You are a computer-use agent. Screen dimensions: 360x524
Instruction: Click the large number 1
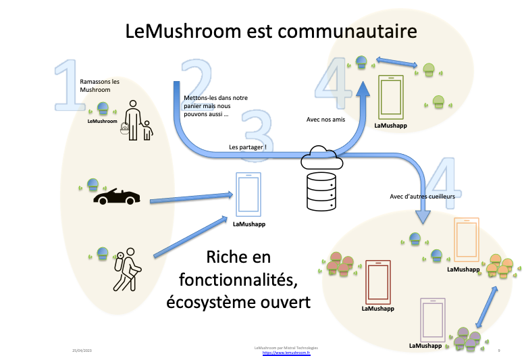(70, 86)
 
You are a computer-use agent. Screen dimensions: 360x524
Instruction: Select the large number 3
(257, 135)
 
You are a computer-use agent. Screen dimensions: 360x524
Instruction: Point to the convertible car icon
(116, 197)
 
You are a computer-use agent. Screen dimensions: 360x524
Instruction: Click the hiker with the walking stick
(127, 269)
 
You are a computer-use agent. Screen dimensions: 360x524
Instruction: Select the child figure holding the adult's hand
(147, 130)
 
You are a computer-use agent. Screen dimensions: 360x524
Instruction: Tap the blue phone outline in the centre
(248, 195)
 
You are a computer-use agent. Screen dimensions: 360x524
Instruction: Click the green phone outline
(390, 97)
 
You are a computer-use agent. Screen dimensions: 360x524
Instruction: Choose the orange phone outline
(466, 239)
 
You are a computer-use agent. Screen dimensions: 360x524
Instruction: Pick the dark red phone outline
(377, 282)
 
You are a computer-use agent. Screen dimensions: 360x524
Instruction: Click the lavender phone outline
(432, 319)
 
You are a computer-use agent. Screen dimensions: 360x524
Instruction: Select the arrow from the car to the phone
(191, 198)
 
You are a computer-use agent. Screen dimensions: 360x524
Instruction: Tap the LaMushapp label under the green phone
(390, 125)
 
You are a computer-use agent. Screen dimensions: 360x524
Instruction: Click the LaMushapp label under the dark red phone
(377, 309)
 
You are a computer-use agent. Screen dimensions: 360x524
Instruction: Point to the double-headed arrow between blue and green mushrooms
(396, 63)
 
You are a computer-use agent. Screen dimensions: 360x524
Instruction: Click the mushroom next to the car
(93, 184)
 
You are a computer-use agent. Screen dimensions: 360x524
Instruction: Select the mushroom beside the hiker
(102, 253)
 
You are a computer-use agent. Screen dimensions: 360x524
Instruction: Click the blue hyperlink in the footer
(286, 353)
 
